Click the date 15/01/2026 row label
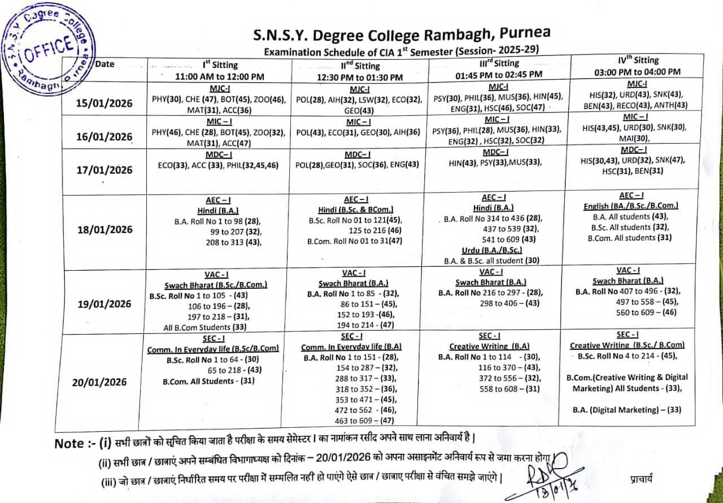click(x=104, y=103)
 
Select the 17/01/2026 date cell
click(x=104, y=170)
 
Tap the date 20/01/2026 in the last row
click(x=100, y=382)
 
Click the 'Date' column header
click(x=104, y=64)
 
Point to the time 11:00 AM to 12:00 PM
click(x=220, y=76)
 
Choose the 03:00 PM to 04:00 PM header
click(x=638, y=72)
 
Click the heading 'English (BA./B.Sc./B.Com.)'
click(x=631, y=206)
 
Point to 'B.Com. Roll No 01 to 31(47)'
click(x=354, y=241)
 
